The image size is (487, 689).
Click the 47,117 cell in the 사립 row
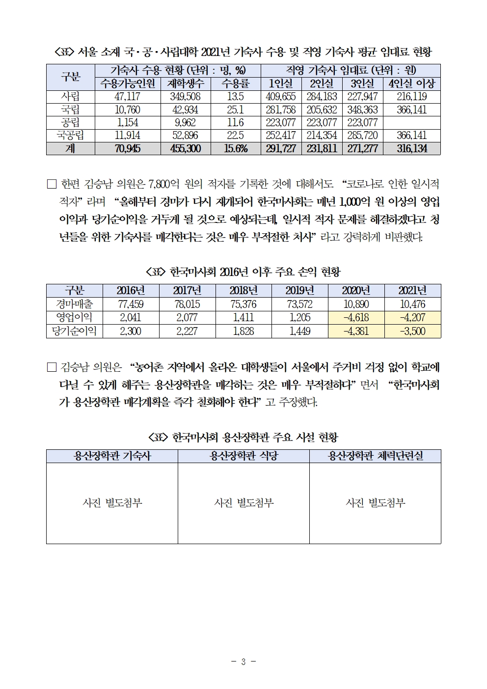pos(128,97)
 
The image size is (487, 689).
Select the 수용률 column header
pos(236,83)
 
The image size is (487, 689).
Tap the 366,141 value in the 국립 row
pos(412,110)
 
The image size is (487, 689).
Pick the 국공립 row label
pos(70,136)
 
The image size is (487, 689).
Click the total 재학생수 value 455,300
pos(186,148)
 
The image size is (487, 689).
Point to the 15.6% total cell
pos(236,148)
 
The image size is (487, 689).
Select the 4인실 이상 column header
pos(412,83)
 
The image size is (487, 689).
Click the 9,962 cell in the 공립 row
pos(186,122)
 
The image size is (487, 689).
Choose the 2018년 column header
pos(243,291)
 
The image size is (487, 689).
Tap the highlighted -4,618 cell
pos(356,318)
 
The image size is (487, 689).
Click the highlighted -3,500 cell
pos(412,331)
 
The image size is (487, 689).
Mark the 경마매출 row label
pos(75,304)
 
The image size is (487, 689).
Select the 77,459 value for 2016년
pos(131,304)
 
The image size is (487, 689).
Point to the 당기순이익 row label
pos(75,331)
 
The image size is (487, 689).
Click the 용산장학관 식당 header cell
pos(243,456)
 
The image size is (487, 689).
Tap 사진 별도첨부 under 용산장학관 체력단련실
pos(375,503)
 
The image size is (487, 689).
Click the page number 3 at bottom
pos(243,661)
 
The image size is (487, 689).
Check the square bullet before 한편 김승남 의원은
pos(52,185)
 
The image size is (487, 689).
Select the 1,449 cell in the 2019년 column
pos(299,331)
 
